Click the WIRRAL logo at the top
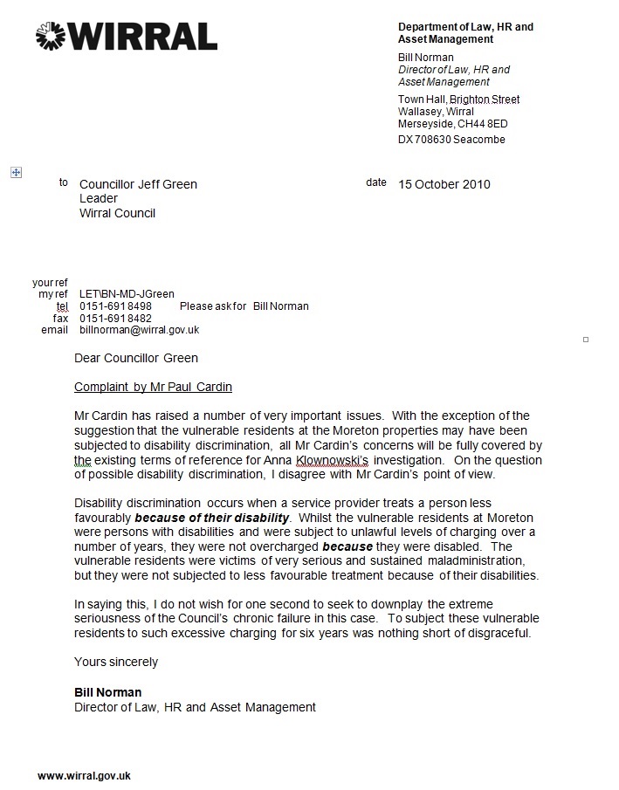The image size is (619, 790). click(x=127, y=36)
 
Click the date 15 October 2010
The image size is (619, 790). click(x=444, y=184)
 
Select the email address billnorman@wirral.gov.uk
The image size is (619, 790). click(x=140, y=330)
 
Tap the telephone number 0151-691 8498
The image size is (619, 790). click(x=115, y=306)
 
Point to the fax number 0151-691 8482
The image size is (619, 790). click(x=115, y=319)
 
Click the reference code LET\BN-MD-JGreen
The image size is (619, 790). click(x=127, y=295)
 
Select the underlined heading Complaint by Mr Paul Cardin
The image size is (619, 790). click(x=153, y=387)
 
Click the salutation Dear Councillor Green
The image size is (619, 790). click(x=136, y=358)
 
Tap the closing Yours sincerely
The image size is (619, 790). click(x=116, y=662)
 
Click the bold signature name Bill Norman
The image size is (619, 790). click(x=107, y=693)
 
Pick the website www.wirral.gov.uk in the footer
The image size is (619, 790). click(x=84, y=776)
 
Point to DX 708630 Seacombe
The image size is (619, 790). click(x=451, y=140)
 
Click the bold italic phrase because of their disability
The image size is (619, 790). click(x=211, y=518)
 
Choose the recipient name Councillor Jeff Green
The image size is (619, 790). click(x=138, y=184)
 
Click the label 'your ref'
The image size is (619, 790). click(x=50, y=283)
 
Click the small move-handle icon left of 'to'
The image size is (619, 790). click(x=16, y=173)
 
